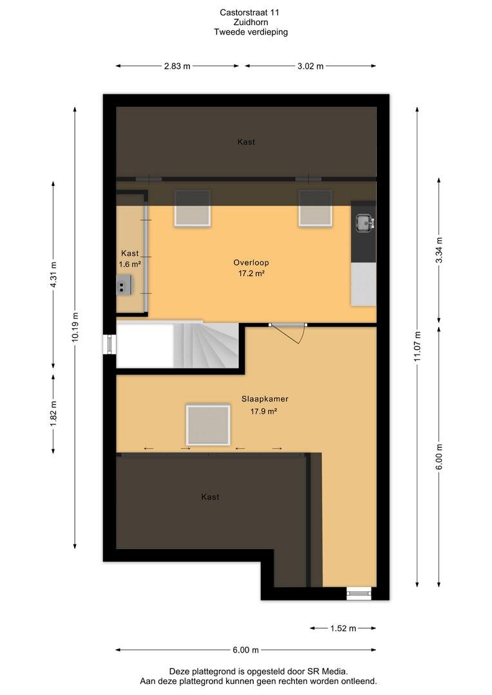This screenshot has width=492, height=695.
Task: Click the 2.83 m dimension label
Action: (x=177, y=66)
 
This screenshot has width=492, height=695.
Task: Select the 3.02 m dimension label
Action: (x=310, y=66)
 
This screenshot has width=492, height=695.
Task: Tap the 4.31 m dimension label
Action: (x=53, y=275)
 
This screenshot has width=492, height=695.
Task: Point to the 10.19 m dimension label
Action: (x=75, y=327)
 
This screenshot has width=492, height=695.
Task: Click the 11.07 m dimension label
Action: (x=417, y=346)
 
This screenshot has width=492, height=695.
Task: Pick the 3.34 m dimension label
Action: (x=439, y=250)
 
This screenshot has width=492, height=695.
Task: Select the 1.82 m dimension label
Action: (x=53, y=414)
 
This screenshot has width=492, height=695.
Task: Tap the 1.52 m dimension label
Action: (x=343, y=628)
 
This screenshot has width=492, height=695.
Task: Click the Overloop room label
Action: (x=251, y=263)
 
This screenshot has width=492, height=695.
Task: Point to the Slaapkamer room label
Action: (x=265, y=399)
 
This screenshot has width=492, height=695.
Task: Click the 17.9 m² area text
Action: (x=263, y=411)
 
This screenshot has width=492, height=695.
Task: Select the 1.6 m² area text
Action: (x=129, y=264)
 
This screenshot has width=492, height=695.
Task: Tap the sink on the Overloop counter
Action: (x=364, y=223)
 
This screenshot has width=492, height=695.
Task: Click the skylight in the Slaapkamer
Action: (x=208, y=425)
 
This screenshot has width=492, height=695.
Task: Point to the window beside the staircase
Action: (x=109, y=344)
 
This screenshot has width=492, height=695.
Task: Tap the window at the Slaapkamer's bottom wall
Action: (x=359, y=593)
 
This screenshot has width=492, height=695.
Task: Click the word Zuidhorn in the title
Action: (x=251, y=22)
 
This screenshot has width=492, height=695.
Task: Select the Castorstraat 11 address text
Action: (x=249, y=12)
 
